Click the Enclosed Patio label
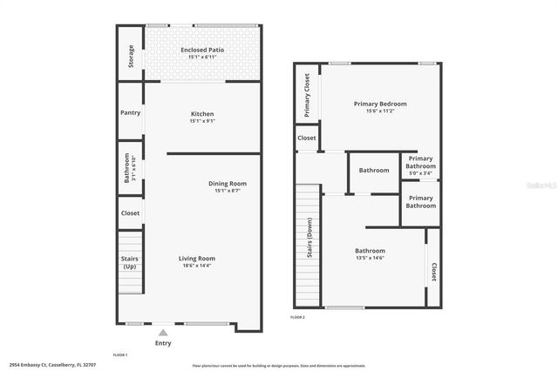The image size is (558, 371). pos(202,51)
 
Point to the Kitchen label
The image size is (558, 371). pos(202,114)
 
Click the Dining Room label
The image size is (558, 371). pos(228,183)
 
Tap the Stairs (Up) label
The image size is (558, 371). pos(129,261)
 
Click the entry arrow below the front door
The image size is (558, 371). pos(163,332)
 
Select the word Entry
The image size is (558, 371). pos(163,343)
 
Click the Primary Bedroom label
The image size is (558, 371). pos(379,104)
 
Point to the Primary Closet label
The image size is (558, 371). pos(307,95)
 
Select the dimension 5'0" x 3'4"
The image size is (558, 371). pos(420,173)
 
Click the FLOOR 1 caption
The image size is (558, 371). pos(120,355)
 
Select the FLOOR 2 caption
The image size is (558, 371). pos(298,317)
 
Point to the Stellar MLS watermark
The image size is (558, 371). pos(536,185)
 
